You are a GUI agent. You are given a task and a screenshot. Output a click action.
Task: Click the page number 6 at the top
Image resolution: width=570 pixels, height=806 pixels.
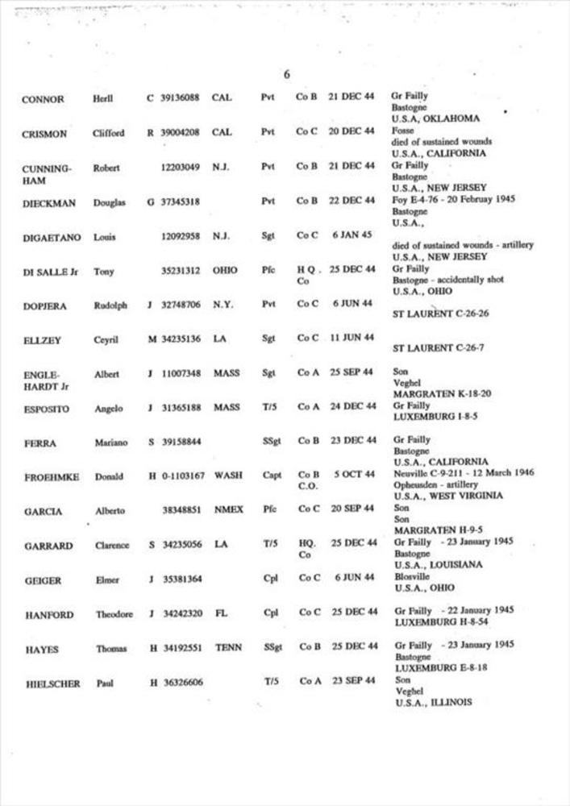(x=287, y=75)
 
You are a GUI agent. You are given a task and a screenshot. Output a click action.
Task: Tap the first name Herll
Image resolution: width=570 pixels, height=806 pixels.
(x=103, y=99)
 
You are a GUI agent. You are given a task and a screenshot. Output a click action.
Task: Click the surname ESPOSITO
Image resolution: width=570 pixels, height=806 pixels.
(x=46, y=409)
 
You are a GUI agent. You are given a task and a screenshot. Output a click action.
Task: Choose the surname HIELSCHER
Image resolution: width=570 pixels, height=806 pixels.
(x=51, y=684)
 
